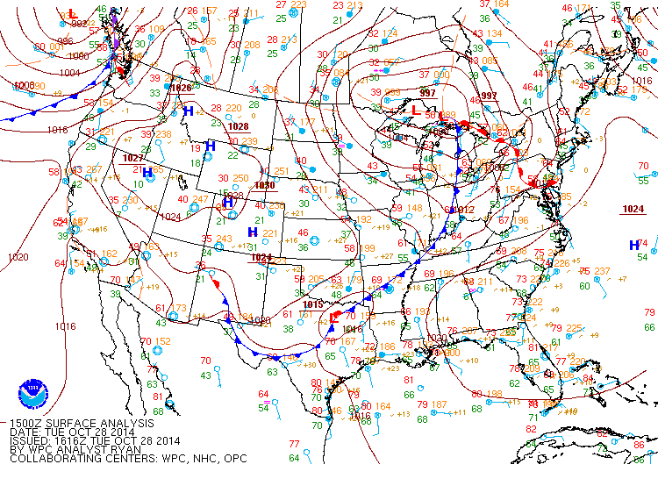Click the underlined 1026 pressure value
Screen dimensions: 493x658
coord(181,88)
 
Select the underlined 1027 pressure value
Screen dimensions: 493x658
coord(133,158)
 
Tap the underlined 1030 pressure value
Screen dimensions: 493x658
coord(264,186)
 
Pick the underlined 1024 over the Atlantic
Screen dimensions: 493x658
coord(633,209)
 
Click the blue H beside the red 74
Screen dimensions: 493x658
coord(633,245)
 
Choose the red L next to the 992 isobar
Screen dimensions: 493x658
coord(72,14)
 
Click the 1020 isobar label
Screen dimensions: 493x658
coord(18,257)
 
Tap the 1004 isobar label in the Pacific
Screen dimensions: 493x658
coord(70,74)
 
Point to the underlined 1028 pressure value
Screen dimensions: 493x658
coord(238,126)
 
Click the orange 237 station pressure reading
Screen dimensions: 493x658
coord(602,271)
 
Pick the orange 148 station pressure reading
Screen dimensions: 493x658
coord(414,209)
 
